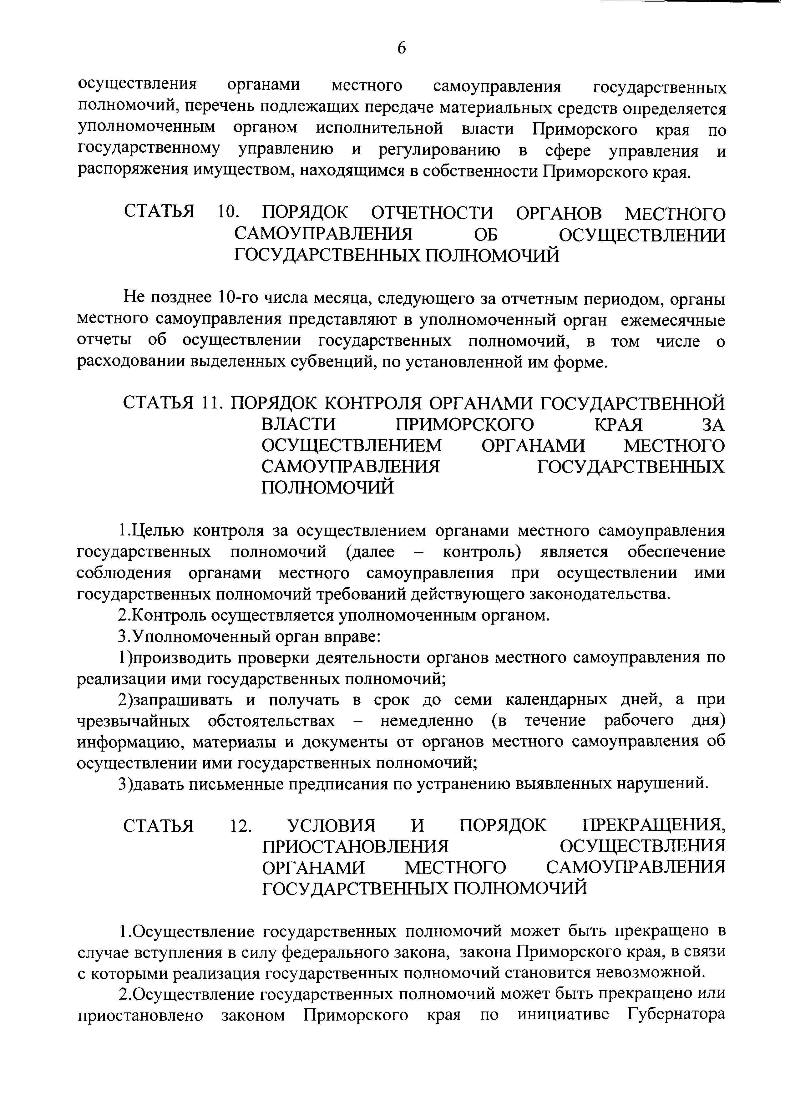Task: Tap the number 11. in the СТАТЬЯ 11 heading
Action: coord(211,403)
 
